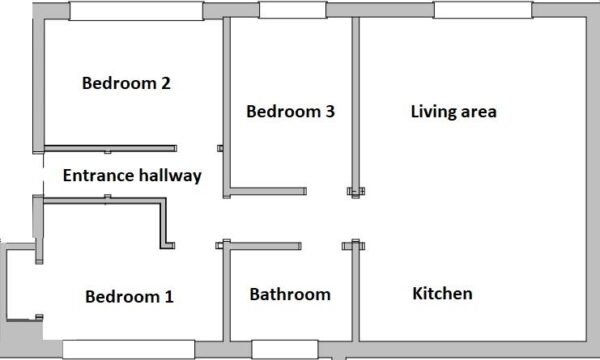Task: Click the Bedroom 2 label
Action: (x=126, y=83)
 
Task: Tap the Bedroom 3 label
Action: (x=290, y=111)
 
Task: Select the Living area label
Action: (x=453, y=112)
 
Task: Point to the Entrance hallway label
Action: (x=132, y=175)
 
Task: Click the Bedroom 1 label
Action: (x=129, y=296)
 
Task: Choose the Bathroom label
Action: (x=290, y=294)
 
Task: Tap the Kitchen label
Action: (x=442, y=293)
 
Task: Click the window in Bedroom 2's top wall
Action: (x=136, y=11)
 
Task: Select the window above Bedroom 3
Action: (x=293, y=10)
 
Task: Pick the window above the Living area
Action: (x=483, y=10)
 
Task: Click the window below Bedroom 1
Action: (x=129, y=349)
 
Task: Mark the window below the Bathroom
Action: (x=285, y=349)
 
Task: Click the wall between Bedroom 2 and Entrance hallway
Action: (x=110, y=148)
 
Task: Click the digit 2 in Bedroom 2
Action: (x=165, y=83)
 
